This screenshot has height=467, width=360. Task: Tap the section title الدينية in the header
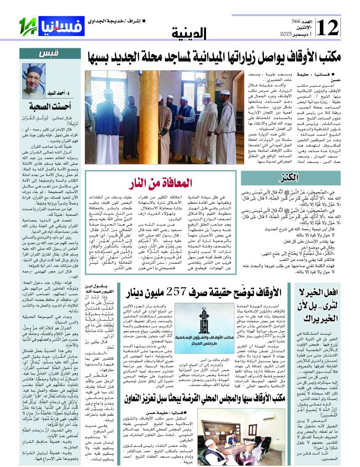[190, 33]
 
